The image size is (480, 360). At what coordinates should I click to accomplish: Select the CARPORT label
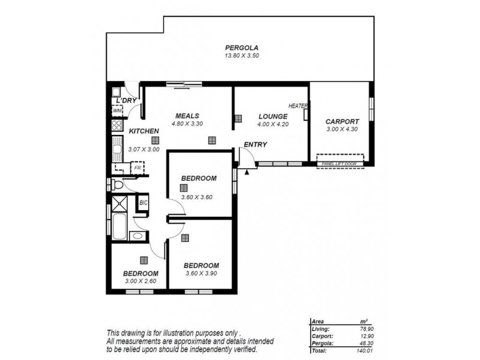pyautogui.click(x=341, y=121)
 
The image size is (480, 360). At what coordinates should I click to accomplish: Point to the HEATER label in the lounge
pyautogui.click(x=298, y=106)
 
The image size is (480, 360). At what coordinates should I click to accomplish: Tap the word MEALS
pyautogui.click(x=187, y=116)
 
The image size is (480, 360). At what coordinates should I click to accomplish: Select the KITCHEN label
pyautogui.click(x=143, y=131)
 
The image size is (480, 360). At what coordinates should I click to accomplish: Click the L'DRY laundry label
pyautogui.click(x=127, y=100)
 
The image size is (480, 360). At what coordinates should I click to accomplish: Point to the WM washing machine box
pyautogui.click(x=117, y=111)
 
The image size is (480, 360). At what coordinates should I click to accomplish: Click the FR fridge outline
pyautogui.click(x=137, y=168)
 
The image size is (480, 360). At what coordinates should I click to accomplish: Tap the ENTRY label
pyautogui.click(x=255, y=145)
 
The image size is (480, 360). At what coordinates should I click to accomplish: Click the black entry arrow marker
pyautogui.click(x=247, y=172)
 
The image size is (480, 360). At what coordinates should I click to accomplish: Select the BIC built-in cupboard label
pyautogui.click(x=143, y=203)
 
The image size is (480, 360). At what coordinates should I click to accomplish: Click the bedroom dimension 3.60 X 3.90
pyautogui.click(x=200, y=274)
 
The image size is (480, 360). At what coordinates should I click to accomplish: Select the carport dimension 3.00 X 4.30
pyautogui.click(x=341, y=128)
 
